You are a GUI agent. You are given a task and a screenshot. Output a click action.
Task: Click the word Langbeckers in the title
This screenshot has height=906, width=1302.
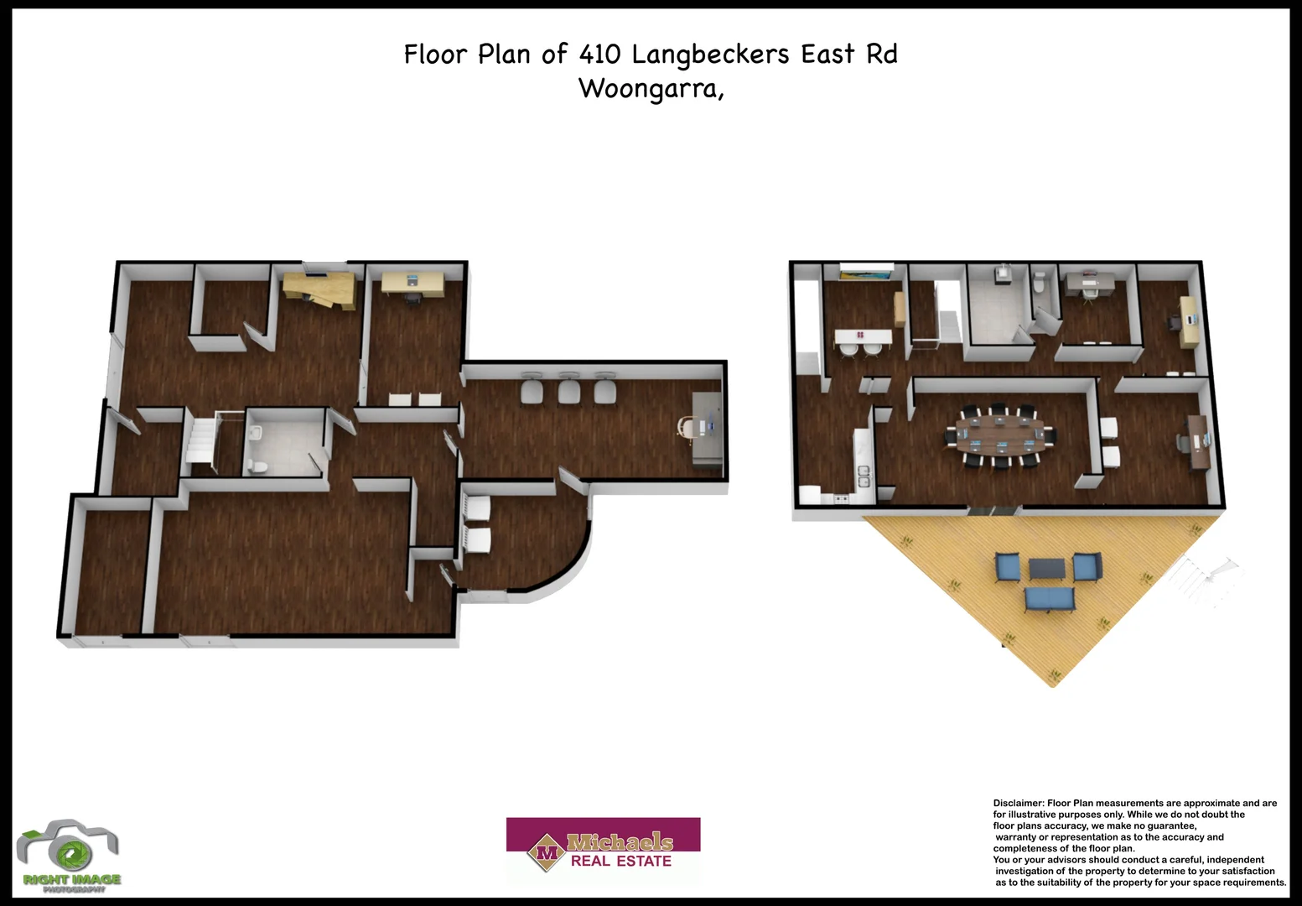click(x=710, y=55)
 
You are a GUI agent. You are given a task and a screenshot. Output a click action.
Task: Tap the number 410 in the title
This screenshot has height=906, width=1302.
click(x=599, y=55)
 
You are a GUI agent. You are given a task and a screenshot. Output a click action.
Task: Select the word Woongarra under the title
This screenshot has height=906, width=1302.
click(x=649, y=88)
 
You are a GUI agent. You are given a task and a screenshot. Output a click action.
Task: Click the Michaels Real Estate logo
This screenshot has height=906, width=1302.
click(x=603, y=850)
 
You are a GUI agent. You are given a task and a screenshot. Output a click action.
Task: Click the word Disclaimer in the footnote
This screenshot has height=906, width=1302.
click(x=1018, y=804)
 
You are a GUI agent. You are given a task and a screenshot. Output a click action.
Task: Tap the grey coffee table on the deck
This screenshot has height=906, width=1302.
click(x=1047, y=569)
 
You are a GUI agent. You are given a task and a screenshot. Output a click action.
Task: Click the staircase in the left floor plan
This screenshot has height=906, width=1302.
click(x=200, y=439)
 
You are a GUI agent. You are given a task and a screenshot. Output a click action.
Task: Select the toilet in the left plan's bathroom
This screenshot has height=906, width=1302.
click(x=260, y=466)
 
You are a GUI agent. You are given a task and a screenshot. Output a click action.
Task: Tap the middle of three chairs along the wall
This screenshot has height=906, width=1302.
click(x=569, y=390)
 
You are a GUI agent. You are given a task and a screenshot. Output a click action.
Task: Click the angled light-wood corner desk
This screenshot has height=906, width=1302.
click(x=319, y=289)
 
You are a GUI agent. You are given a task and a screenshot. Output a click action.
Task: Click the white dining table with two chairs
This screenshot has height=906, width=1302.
click(x=863, y=337)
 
